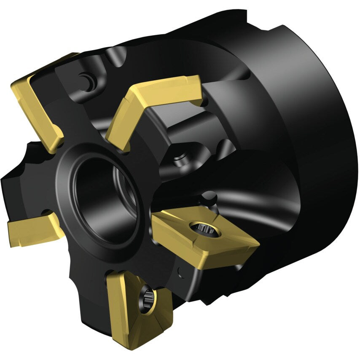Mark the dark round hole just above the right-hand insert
point(210,197)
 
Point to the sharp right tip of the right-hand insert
point(258,243)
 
